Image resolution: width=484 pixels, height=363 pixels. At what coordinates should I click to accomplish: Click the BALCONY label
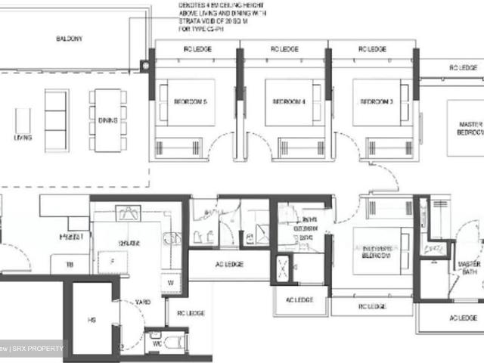pyautogui.click(x=69, y=39)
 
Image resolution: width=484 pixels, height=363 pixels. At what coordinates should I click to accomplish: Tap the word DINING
pyautogui.click(x=108, y=119)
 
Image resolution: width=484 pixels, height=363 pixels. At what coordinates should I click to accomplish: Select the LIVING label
pyautogui.click(x=23, y=138)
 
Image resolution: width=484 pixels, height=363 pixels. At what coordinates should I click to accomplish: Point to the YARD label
pyautogui.click(x=143, y=302)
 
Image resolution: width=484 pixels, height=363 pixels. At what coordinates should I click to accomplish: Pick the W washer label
pyautogui.click(x=169, y=284)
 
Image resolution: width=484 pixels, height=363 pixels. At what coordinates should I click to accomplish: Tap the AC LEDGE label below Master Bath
pyautogui.click(x=463, y=318)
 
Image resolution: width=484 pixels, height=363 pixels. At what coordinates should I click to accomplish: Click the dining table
pyautogui.click(x=108, y=119)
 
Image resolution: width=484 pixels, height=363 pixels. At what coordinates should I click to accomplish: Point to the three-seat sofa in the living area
pyautogui.click(x=56, y=120)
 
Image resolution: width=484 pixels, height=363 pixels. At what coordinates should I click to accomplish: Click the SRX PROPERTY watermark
pyautogui.click(x=38, y=349)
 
